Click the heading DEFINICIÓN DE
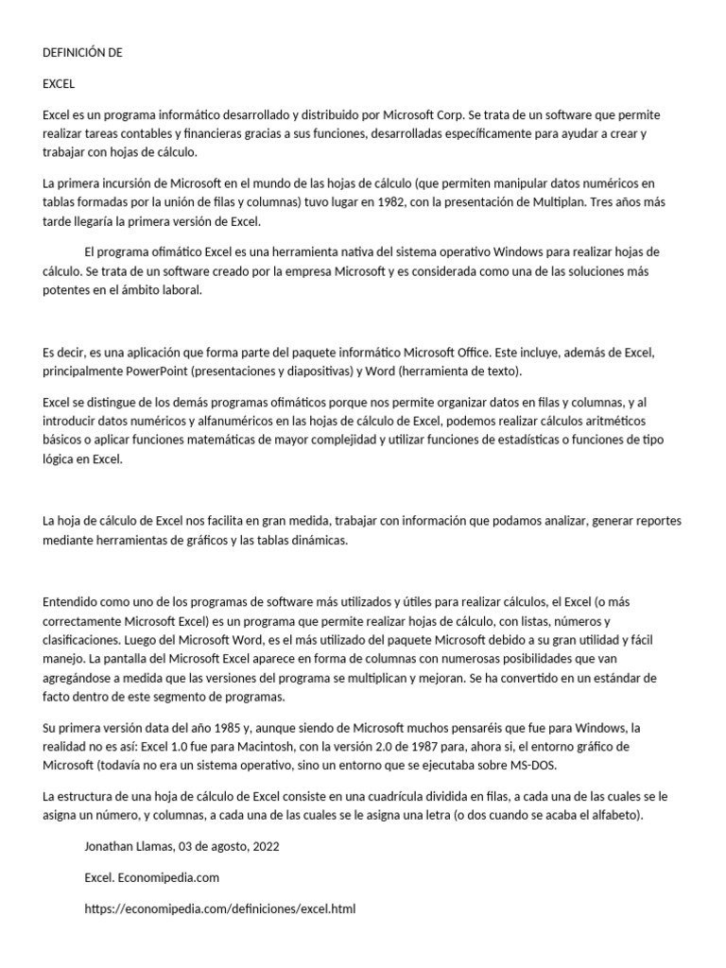pyautogui.click(x=83, y=53)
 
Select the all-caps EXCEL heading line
pyautogui.click(x=59, y=84)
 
